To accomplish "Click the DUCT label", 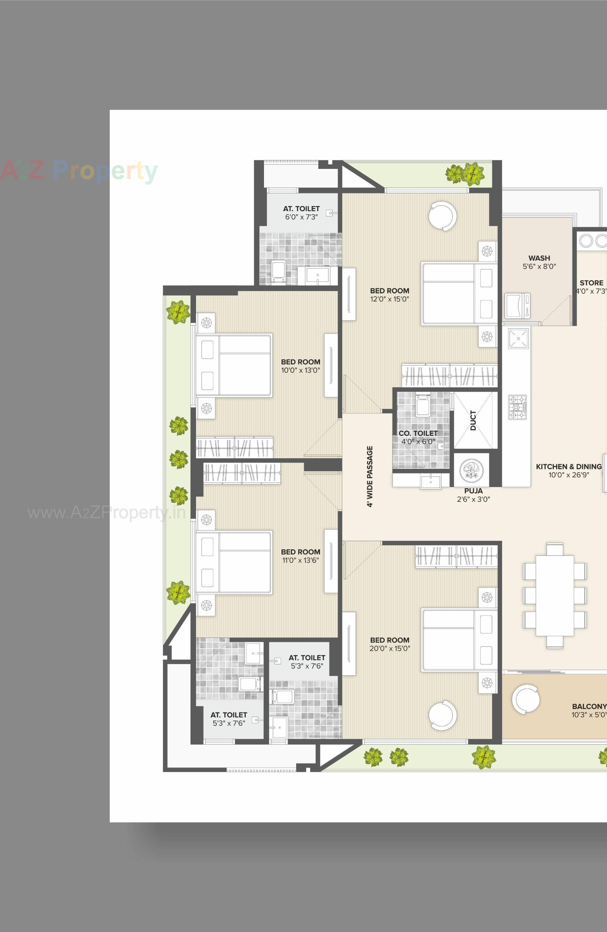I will pyautogui.click(x=473, y=420).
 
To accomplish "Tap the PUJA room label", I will pyautogui.click(x=473, y=491).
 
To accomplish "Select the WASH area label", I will pyautogui.click(x=539, y=258).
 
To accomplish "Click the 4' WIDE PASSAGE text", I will pyautogui.click(x=370, y=476).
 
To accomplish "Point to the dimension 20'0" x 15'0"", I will pyautogui.click(x=389, y=649).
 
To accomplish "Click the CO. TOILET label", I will pyautogui.click(x=418, y=433).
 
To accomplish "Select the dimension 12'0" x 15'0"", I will pyautogui.click(x=389, y=299).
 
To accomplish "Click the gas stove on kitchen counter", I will pyautogui.click(x=518, y=407).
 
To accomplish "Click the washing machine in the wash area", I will pyautogui.click(x=518, y=305).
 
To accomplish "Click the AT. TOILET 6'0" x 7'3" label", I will pyautogui.click(x=301, y=213).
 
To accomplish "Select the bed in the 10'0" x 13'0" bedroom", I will pyautogui.click(x=234, y=365).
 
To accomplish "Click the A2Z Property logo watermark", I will pyautogui.click(x=78, y=171).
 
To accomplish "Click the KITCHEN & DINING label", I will pyautogui.click(x=568, y=466).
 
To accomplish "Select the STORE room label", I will pyautogui.click(x=591, y=283).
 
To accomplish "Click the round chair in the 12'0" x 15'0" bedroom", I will pyautogui.click(x=442, y=216).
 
